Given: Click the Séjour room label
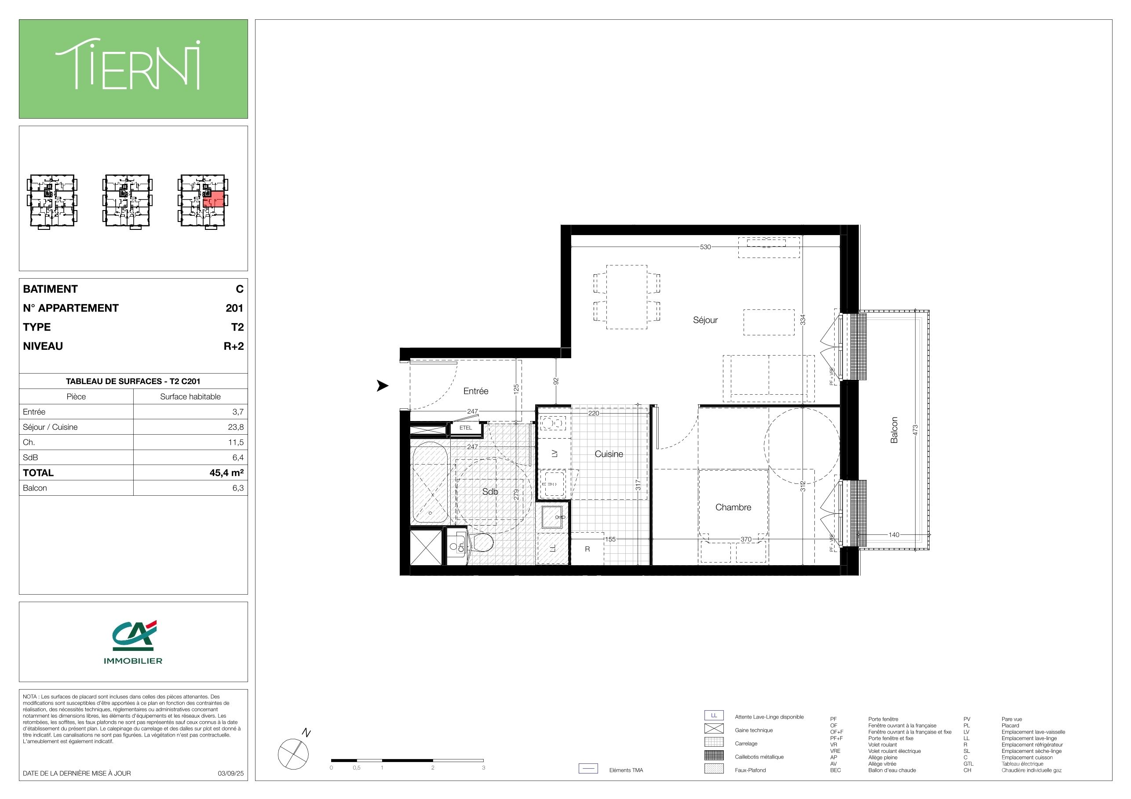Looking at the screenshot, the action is coord(705,320).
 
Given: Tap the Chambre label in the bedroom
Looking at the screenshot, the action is coord(733,507).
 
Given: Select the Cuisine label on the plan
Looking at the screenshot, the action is coord(609,454).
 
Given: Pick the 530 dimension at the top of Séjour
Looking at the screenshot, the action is coord(705,247).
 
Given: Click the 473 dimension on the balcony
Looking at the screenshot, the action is coord(915,430).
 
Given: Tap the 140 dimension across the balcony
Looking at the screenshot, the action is coord(894,534).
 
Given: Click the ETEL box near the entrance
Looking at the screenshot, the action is coord(466,428).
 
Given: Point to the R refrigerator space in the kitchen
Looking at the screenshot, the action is coord(587,548).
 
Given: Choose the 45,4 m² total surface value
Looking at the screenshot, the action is coord(226,472).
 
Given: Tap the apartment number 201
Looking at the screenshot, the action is coord(234,308).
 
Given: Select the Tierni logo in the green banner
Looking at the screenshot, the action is coord(128,65).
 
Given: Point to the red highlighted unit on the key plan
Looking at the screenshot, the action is coord(214,200).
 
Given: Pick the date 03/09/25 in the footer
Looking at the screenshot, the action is coord(230,773).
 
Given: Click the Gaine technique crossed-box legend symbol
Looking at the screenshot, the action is coord(714,728).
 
